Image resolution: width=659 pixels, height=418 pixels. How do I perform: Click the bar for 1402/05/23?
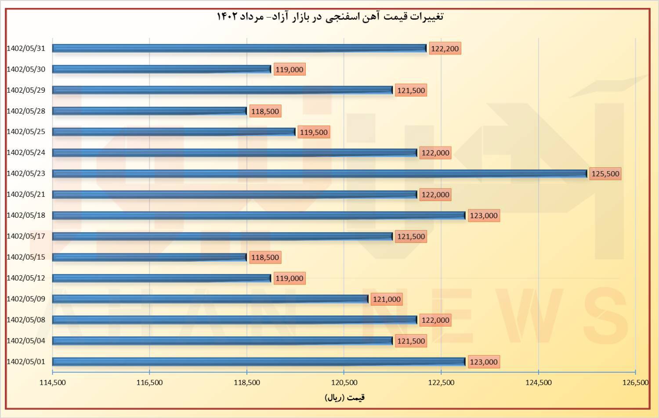[319, 173]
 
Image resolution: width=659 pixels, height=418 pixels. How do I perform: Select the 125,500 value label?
[605, 174]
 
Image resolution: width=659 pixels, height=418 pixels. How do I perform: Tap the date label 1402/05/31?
[26, 48]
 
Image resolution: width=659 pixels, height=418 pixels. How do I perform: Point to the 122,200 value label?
[445, 49]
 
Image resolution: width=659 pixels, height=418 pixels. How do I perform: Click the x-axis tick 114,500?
[53, 382]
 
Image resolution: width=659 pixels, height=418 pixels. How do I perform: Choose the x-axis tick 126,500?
[635, 382]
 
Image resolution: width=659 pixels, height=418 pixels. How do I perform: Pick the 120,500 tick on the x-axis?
[344, 382]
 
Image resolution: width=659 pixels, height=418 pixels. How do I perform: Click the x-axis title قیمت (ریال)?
[344, 398]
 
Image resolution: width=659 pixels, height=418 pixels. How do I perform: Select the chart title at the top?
[330, 17]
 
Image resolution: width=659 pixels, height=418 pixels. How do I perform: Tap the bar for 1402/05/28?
[149, 111]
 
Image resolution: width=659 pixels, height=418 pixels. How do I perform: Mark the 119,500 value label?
[314, 132]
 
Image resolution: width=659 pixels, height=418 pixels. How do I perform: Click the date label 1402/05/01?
[26, 362]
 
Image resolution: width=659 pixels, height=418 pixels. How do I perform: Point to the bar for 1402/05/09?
[210, 299]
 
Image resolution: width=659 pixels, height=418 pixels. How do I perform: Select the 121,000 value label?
[387, 299]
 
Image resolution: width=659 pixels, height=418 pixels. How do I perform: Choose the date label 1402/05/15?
[26, 257]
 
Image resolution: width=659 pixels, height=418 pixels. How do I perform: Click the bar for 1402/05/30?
[162, 69]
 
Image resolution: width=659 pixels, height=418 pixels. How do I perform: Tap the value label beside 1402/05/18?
[484, 216]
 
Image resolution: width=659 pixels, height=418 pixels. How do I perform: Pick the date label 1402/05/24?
[26, 153]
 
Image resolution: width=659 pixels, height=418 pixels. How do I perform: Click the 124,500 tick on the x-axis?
[538, 382]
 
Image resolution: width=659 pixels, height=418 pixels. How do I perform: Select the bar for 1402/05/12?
[162, 278]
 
